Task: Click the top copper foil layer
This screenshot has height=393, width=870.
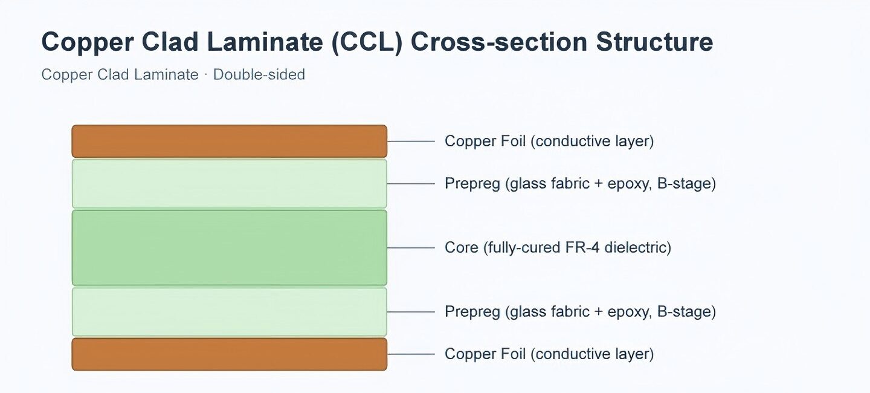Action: (x=230, y=141)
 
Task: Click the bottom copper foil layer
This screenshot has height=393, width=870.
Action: (x=230, y=354)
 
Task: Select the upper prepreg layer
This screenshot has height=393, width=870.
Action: (x=230, y=183)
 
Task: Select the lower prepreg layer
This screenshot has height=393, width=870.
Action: (x=230, y=312)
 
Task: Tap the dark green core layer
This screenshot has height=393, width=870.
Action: (x=230, y=248)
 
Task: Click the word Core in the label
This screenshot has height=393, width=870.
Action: (x=462, y=248)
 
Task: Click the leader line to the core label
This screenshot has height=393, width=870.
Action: (x=411, y=248)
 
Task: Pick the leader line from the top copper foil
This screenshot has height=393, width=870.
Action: (x=411, y=141)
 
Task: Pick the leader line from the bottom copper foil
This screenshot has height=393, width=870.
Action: (x=411, y=354)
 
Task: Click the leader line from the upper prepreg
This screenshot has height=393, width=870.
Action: (x=411, y=183)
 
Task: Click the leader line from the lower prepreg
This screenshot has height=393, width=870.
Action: (x=411, y=312)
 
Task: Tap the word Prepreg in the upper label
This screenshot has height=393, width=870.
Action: (x=472, y=184)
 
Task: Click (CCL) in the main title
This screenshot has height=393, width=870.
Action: (x=367, y=42)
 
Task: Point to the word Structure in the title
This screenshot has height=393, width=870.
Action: (x=654, y=42)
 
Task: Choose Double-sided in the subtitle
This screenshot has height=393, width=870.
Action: (x=259, y=74)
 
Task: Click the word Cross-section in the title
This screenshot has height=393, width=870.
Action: (x=498, y=42)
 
